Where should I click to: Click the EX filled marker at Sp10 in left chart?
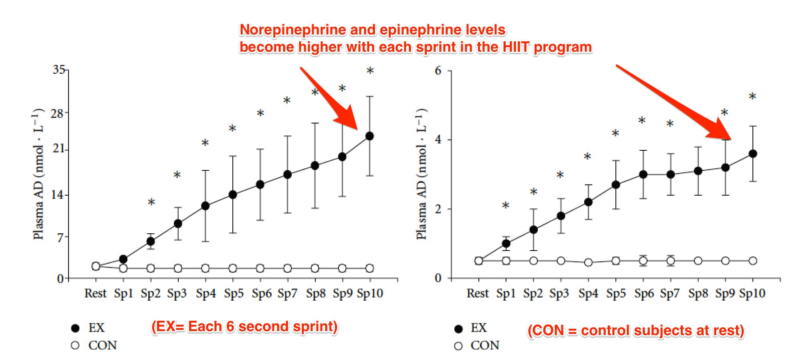tap(369, 136)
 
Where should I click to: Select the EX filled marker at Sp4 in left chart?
tap(205, 206)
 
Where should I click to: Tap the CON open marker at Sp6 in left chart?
tap(260, 268)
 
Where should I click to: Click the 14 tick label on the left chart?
tap(57, 195)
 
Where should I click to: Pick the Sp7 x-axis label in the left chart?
tap(287, 293)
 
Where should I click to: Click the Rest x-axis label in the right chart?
tap(478, 293)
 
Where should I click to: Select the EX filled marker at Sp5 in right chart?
tap(616, 185)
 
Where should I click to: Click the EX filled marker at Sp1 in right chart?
tap(506, 243)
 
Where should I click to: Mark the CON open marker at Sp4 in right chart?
tap(588, 263)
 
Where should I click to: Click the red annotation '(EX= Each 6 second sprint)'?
tap(244, 327)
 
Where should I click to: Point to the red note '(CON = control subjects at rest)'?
tap(635, 331)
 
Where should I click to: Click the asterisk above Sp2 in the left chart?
tap(151, 202)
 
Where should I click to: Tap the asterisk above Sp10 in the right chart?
tap(752, 97)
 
